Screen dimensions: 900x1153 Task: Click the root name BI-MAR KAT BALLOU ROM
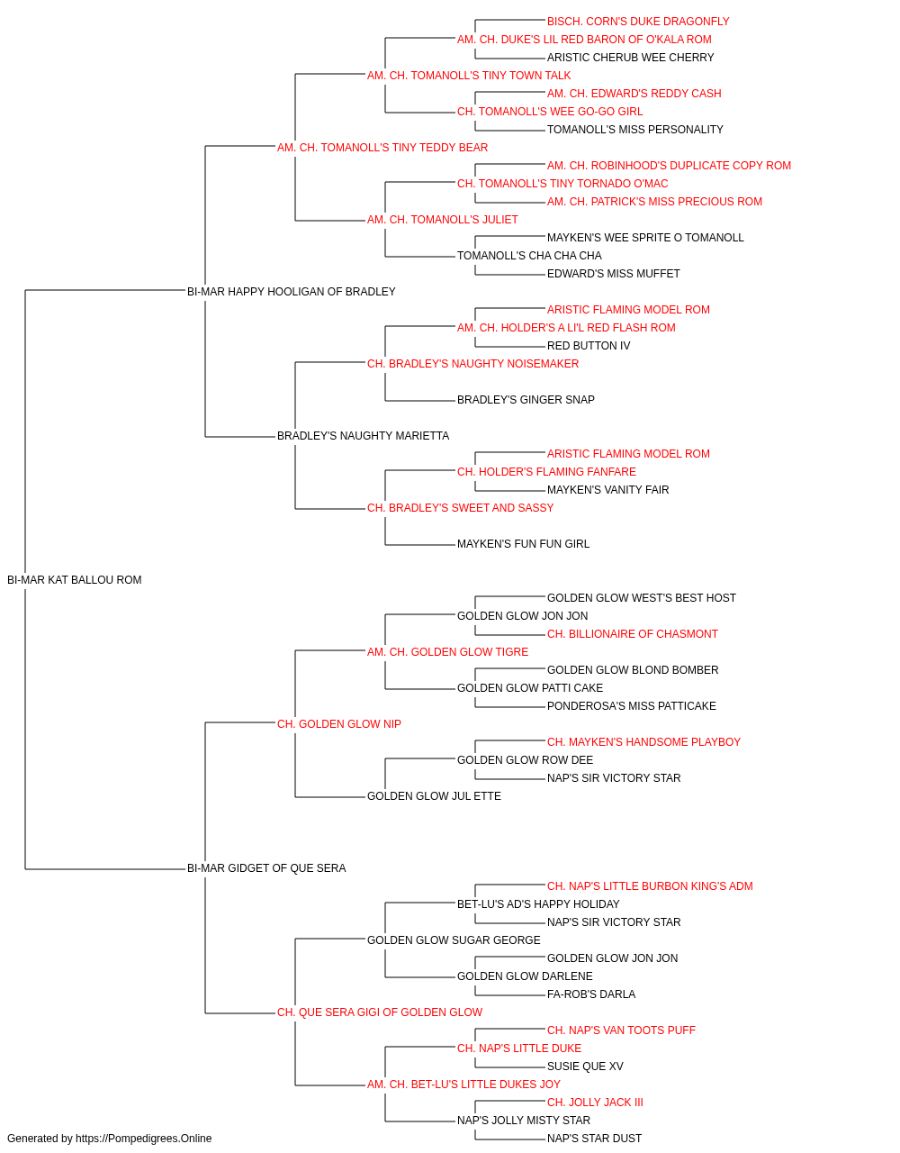(x=74, y=580)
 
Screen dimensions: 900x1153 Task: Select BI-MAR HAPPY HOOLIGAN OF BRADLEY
(x=291, y=291)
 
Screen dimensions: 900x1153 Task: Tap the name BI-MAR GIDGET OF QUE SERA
(x=266, y=868)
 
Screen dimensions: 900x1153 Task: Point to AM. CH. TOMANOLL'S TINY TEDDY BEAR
(x=382, y=148)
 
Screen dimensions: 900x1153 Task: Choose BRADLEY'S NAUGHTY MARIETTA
(x=363, y=436)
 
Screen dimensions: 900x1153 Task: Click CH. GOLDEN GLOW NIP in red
(x=338, y=724)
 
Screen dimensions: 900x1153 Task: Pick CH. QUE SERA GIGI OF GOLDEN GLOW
(x=380, y=1012)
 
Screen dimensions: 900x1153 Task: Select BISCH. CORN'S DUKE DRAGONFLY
(x=637, y=22)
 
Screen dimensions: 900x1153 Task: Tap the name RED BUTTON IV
(x=589, y=346)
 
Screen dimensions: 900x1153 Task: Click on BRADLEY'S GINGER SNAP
(x=526, y=400)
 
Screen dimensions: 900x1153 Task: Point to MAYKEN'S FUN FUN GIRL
(x=523, y=544)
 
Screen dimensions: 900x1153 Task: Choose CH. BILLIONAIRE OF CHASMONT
(x=633, y=634)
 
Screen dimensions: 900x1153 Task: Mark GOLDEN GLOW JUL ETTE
(x=434, y=796)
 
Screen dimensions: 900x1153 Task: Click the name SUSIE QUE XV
(x=585, y=1067)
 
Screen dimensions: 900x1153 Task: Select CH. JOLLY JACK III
(x=595, y=1103)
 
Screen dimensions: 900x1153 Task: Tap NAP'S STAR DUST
(x=594, y=1139)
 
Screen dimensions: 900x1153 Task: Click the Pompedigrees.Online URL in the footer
(x=143, y=1139)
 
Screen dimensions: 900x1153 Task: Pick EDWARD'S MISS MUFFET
(x=613, y=274)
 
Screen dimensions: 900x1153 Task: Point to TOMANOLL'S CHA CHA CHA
(x=529, y=256)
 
